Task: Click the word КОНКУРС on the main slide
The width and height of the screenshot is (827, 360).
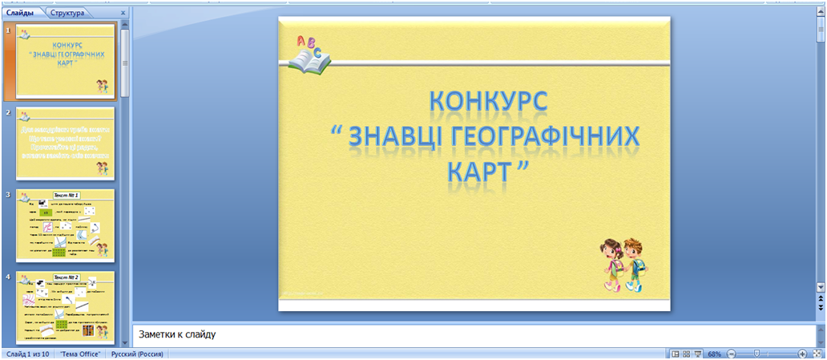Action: pos(488,102)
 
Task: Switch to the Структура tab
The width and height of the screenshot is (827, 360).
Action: pos(67,14)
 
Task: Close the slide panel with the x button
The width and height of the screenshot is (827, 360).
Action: pos(123,14)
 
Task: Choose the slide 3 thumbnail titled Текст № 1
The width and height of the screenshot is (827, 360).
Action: pos(64,226)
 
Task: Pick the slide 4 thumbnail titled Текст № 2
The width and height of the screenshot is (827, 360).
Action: pos(64,309)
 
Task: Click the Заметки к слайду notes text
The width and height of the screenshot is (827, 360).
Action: pos(177,334)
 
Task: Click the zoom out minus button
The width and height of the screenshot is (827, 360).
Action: pos(732,354)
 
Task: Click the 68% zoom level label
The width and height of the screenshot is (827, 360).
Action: pos(715,354)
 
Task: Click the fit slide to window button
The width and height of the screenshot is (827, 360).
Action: pos(817,354)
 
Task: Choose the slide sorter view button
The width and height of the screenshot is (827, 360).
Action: pos(687,354)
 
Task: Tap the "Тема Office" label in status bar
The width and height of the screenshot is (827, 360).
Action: pos(80,354)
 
